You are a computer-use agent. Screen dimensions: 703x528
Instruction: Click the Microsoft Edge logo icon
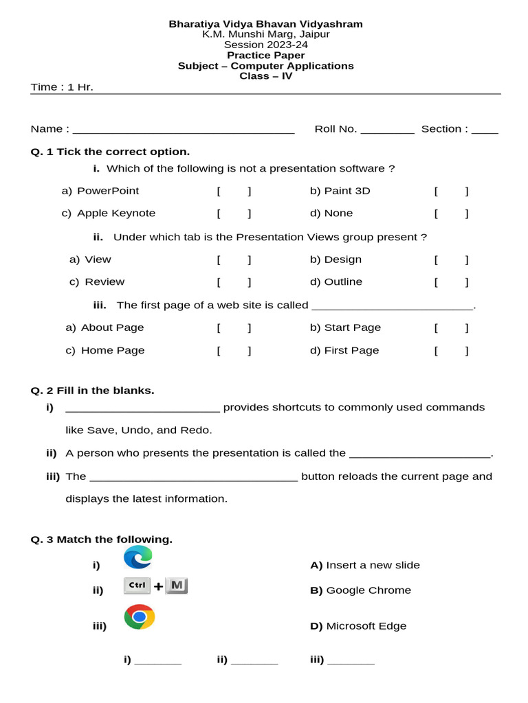pyautogui.click(x=138, y=557)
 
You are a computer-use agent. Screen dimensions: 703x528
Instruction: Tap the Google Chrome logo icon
pyautogui.click(x=140, y=617)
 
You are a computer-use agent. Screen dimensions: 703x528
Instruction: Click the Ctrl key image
pyautogui.click(x=137, y=586)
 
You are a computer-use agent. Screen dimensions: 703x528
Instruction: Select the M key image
pyautogui.click(x=177, y=586)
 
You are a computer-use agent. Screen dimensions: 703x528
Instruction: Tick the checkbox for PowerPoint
pyautogui.click(x=234, y=191)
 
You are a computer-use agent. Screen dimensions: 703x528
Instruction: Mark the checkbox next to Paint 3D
pyautogui.click(x=452, y=191)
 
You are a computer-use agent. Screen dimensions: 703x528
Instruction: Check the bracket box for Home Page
pyautogui.click(x=234, y=351)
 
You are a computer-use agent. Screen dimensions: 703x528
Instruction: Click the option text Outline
pyautogui.click(x=343, y=282)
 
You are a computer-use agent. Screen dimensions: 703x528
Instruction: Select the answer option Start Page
pyautogui.click(x=352, y=328)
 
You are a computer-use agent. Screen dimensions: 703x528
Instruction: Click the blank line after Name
pyautogui.click(x=184, y=130)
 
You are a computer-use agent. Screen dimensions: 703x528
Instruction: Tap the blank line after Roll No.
pyautogui.click(x=387, y=130)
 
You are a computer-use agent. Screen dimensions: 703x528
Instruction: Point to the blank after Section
pyautogui.click(x=485, y=130)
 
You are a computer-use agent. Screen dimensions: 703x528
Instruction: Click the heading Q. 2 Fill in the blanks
pyautogui.click(x=93, y=391)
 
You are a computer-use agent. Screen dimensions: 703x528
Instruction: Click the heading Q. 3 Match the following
pyautogui.click(x=102, y=540)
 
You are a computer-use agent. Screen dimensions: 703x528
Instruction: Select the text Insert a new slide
pyautogui.click(x=373, y=566)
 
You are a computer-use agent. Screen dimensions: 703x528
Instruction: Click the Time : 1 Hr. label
pyautogui.click(x=62, y=87)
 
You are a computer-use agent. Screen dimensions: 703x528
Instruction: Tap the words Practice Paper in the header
pyautogui.click(x=266, y=56)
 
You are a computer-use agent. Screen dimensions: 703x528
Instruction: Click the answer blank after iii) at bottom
pyautogui.click(x=351, y=662)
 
